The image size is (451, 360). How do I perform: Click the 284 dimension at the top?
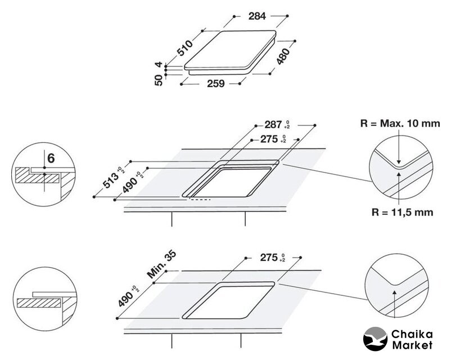(257, 16)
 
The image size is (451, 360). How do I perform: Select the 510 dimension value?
(184, 48)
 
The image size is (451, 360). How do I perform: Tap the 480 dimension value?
(283, 56)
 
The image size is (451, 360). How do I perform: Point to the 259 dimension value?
(216, 83)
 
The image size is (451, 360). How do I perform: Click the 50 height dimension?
(159, 80)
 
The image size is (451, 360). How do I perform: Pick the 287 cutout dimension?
(273, 125)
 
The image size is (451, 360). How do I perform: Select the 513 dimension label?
(111, 181)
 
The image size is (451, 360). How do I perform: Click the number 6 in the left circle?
(51, 158)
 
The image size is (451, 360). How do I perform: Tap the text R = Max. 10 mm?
(400, 123)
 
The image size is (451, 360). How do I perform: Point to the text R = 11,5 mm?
(402, 213)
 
